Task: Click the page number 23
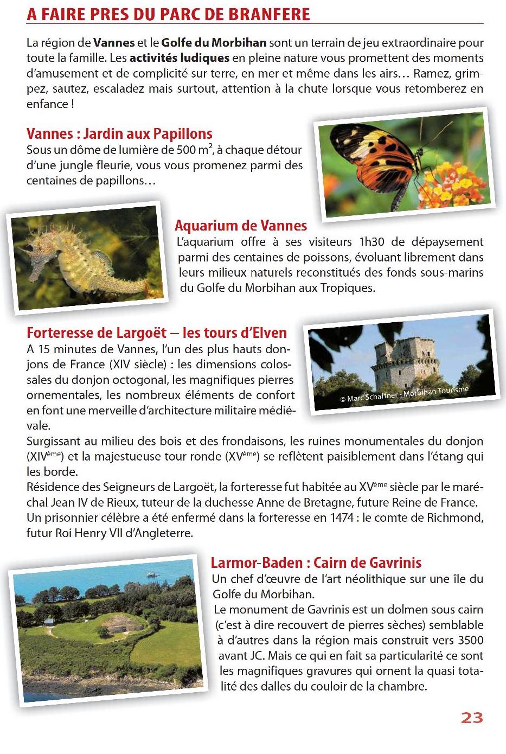pos(471,718)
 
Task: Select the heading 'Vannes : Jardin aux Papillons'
pos(119,133)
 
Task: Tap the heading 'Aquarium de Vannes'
pos(241,225)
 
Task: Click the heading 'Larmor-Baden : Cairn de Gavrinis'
pos(316,562)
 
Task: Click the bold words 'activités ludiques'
pos(180,58)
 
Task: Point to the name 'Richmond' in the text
pos(458,517)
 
